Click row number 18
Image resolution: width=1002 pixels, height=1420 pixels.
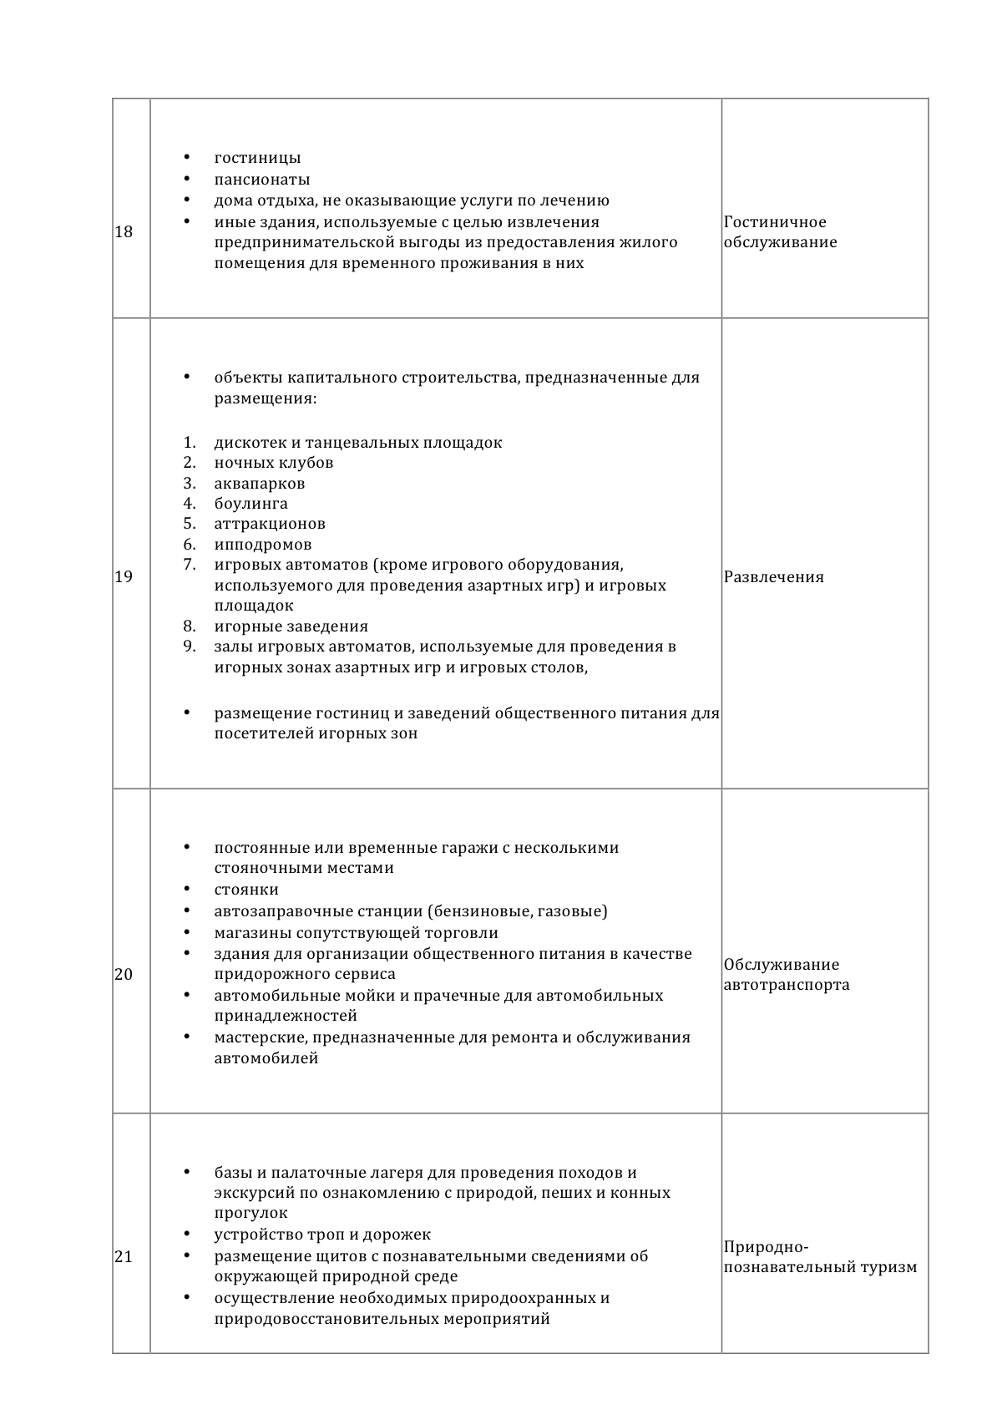point(124,232)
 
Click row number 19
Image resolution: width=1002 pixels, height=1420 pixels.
point(124,576)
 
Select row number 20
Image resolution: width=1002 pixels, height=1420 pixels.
point(124,974)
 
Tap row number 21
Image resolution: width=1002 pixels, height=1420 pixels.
point(124,1256)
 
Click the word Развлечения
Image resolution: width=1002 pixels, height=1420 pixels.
point(773,577)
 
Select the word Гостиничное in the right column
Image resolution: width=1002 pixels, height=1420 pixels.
point(775,222)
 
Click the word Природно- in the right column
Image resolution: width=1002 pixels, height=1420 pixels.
point(766,1247)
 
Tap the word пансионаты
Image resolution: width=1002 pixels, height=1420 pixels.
point(262,180)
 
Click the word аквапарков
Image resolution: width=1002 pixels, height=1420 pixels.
point(260,484)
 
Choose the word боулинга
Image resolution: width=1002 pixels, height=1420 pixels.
point(250,504)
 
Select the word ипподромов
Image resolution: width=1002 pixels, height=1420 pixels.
point(263,545)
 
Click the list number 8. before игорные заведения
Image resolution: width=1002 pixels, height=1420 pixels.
point(190,626)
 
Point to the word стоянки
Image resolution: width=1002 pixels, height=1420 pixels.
point(246,890)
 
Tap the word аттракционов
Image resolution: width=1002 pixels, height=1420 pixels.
point(270,524)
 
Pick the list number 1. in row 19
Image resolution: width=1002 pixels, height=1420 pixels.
point(190,443)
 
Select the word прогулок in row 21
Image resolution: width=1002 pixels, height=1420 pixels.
point(250,1213)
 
